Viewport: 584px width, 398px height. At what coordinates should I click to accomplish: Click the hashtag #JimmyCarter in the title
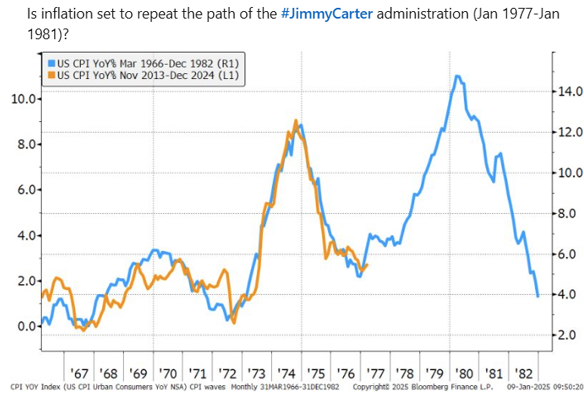coord(327,13)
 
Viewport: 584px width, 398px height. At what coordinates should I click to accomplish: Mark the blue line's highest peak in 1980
coord(458,76)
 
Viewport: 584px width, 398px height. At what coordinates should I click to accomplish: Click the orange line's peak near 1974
coord(296,121)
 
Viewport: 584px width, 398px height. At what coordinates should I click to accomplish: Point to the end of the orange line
coord(368,265)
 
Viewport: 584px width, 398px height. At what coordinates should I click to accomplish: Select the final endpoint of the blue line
coord(538,296)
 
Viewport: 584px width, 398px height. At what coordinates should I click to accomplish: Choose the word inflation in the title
coord(57,13)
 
